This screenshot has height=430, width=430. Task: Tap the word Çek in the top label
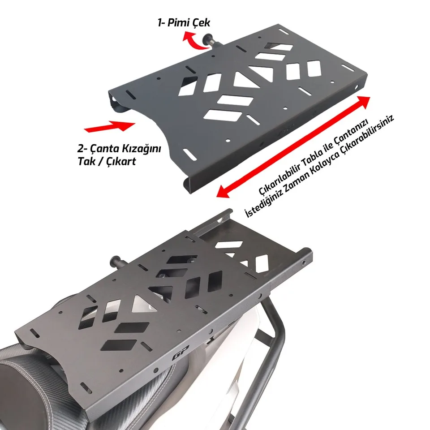(x=201, y=22)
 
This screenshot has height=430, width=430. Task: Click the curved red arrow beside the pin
(x=194, y=41)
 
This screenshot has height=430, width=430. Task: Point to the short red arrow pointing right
(x=110, y=126)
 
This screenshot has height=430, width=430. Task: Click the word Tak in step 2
(x=86, y=161)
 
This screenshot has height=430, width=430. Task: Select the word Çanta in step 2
(x=104, y=149)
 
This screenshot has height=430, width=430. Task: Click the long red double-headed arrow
(x=293, y=147)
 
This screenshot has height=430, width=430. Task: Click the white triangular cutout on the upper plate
(x=245, y=80)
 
